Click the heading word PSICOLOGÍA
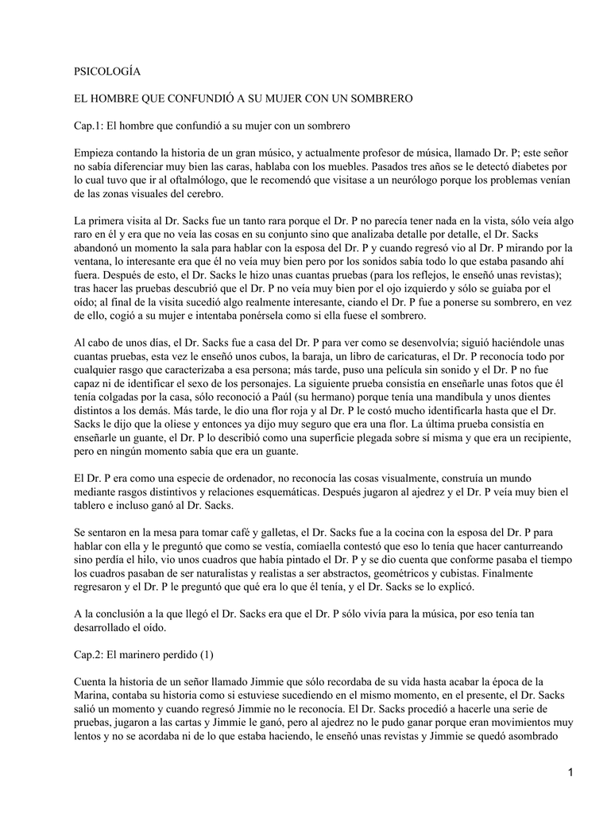[107, 72]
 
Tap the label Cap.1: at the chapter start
[89, 126]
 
